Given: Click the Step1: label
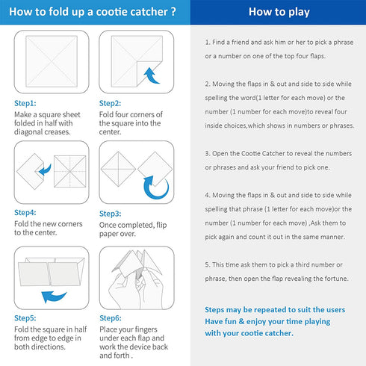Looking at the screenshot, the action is [25, 103].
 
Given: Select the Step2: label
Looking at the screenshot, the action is [110, 103].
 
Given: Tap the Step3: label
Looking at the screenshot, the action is [110, 214].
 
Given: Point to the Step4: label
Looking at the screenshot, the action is [25, 212].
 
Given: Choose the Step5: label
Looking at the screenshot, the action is [25, 318].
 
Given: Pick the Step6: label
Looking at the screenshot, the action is [111, 318].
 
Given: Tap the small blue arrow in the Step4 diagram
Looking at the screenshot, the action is [45, 170].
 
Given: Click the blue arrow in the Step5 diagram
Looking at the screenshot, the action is [54, 297].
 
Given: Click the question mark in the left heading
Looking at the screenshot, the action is [173, 12].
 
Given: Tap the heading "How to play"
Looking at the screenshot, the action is [279, 12].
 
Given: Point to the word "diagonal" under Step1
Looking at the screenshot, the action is [28, 132].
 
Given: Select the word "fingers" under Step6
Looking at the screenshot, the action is [146, 329].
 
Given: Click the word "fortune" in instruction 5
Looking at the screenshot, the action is [337, 279].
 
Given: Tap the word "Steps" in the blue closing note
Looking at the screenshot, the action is [214, 310].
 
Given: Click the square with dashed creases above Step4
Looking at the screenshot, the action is [70, 171].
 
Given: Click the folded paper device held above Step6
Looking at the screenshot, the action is [137, 264].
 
